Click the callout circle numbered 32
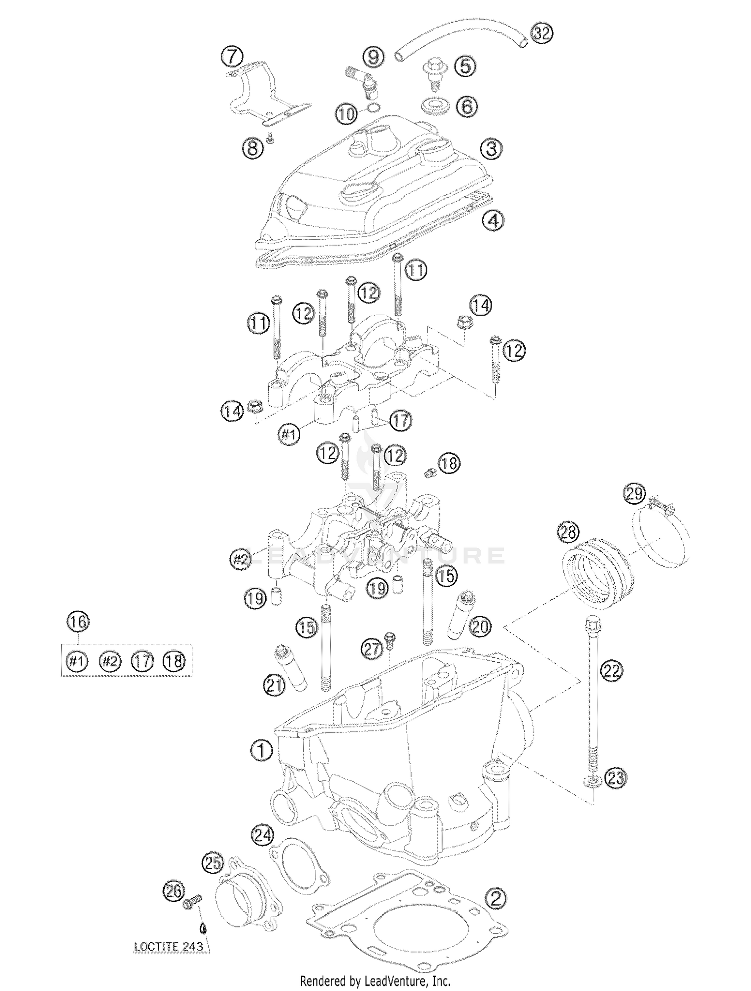541,34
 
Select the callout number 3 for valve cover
491,149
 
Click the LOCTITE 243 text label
168,946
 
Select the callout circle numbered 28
569,532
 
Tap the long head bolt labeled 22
593,700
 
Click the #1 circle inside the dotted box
77,661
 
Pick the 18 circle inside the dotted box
174,661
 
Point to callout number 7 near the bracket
232,57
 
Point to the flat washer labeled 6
433,107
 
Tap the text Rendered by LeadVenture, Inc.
375,981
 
